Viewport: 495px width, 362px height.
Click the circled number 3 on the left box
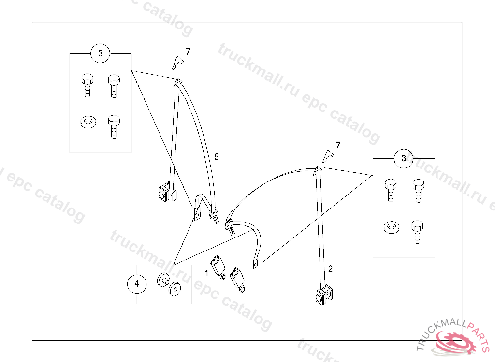pyautogui.click(x=101, y=53)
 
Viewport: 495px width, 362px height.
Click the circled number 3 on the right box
pyautogui.click(x=404, y=158)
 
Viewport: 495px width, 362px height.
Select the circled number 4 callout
pyautogui.click(x=137, y=284)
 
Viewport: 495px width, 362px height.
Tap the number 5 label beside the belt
pyautogui.click(x=217, y=157)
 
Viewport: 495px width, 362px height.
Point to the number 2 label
pyautogui.click(x=330, y=269)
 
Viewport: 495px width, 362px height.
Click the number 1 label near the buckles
pyautogui.click(x=206, y=273)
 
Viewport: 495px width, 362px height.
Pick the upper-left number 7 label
pyautogui.click(x=188, y=52)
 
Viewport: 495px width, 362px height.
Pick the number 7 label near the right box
pyautogui.click(x=338, y=145)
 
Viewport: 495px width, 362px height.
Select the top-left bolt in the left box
pyautogui.click(x=87, y=85)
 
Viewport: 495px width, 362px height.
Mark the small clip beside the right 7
pyautogui.click(x=328, y=155)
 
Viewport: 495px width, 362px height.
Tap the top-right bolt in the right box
pyautogui.click(x=418, y=190)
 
